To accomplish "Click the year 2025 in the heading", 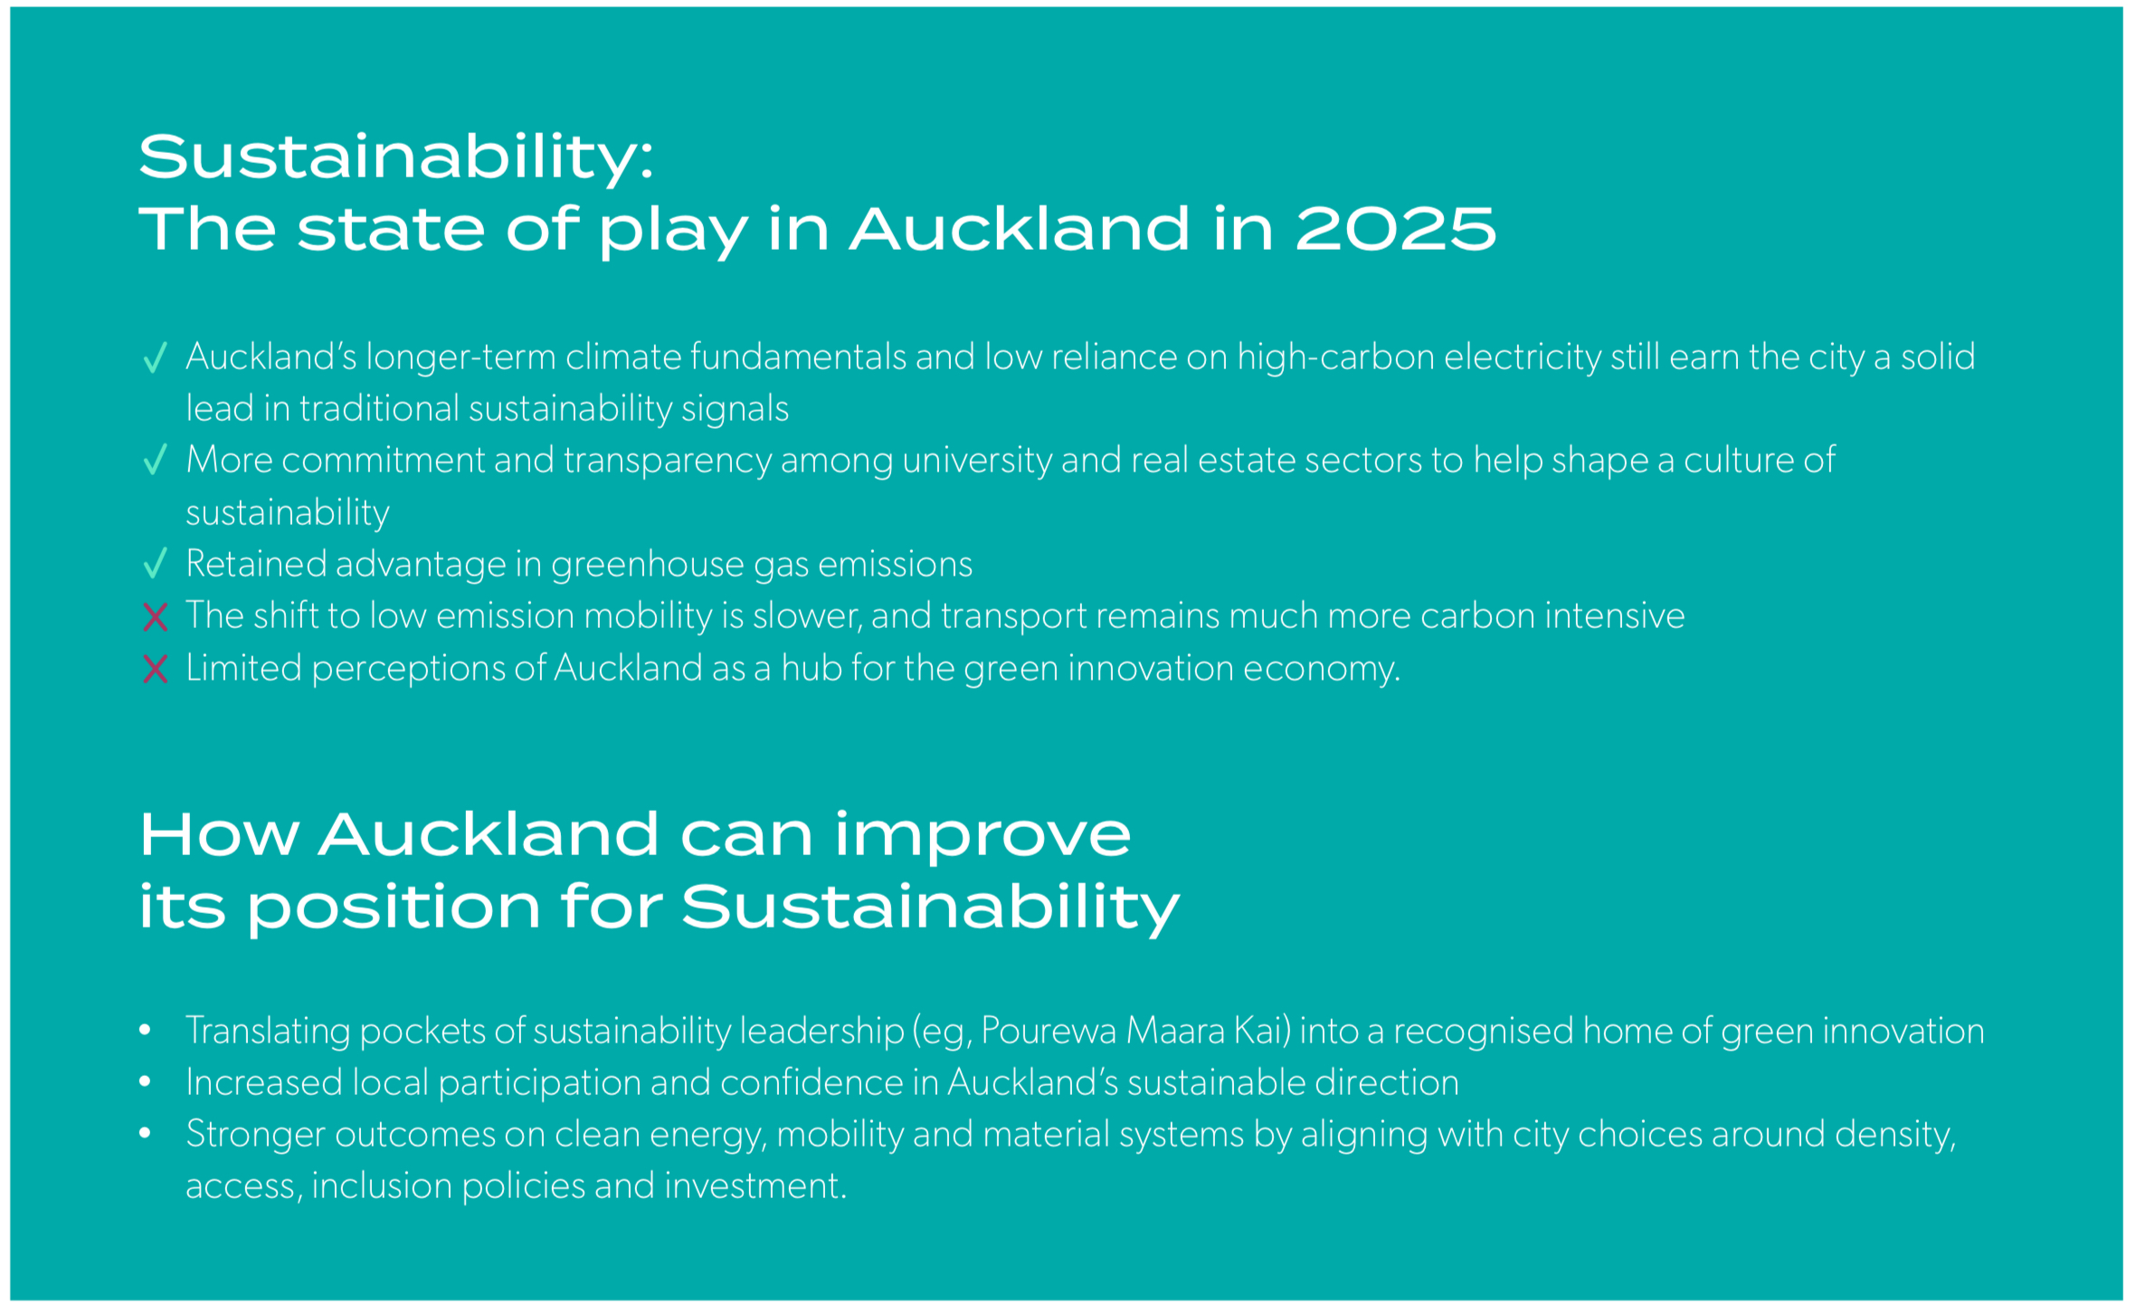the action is tap(1396, 229).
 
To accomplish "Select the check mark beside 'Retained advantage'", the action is tap(156, 563).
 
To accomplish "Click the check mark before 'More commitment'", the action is tap(156, 460).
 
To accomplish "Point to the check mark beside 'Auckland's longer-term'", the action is tap(156, 357).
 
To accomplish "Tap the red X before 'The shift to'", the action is tap(156, 617).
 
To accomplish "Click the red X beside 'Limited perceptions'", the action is tap(156, 670).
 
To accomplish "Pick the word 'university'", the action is tap(977, 461).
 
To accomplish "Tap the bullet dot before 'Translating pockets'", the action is tap(145, 1031).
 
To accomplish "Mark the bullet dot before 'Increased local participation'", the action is tap(145, 1082).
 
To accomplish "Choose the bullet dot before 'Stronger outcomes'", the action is tap(145, 1134).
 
